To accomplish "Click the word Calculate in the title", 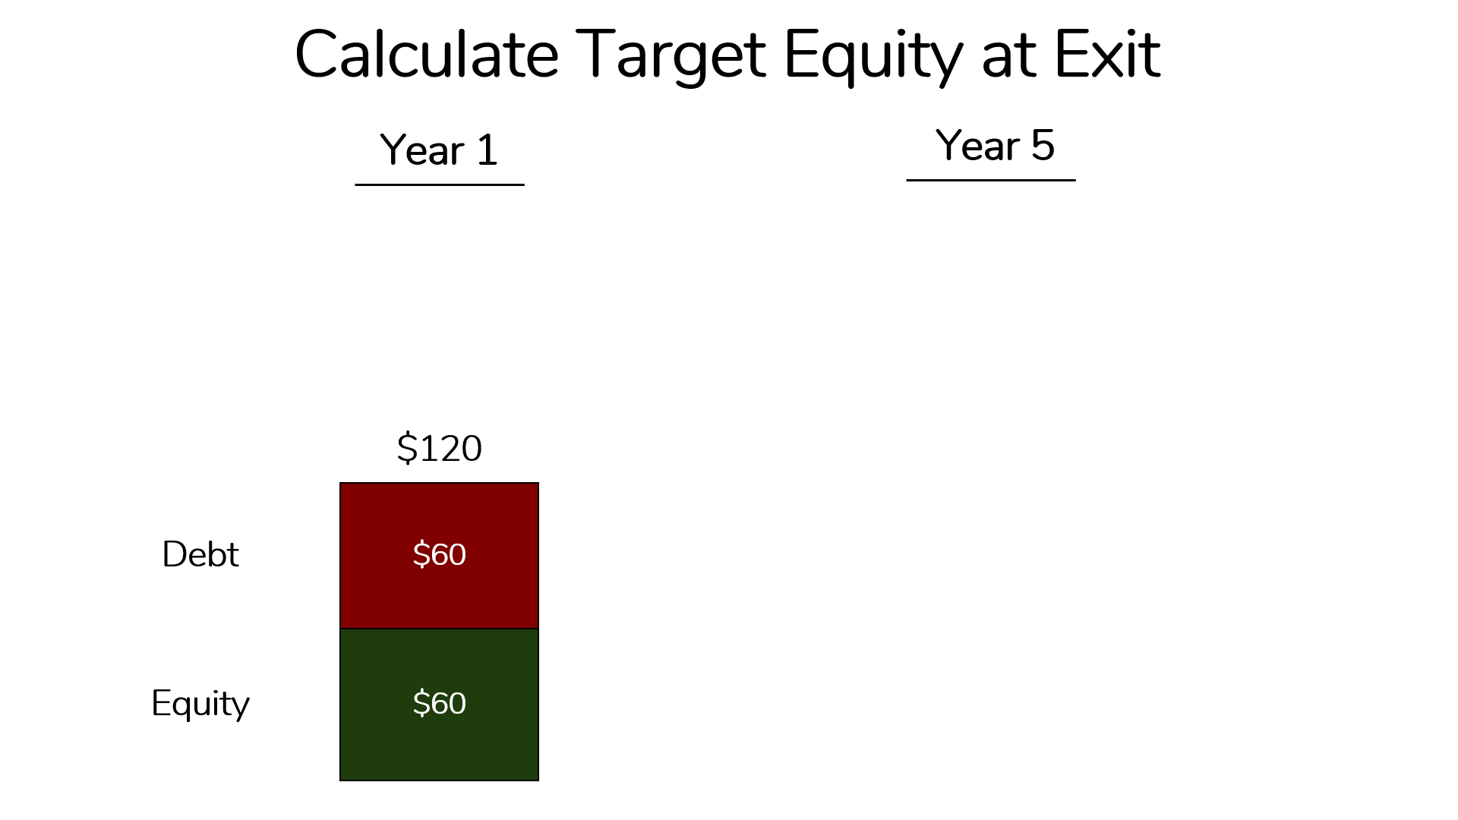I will pyautogui.click(x=427, y=55).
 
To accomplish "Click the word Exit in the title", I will pyautogui.click(x=1107, y=55).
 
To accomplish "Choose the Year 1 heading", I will pyautogui.click(x=439, y=150).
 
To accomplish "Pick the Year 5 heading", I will pyautogui.click(x=995, y=145).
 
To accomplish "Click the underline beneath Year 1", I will pyautogui.click(x=439, y=184).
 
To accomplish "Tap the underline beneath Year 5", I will pyautogui.click(x=990, y=180).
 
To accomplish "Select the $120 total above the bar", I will pyautogui.click(x=439, y=448).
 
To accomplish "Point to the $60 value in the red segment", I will pyautogui.click(x=439, y=554).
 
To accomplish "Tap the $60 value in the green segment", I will pyautogui.click(x=439, y=703).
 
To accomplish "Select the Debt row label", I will pyautogui.click(x=200, y=554).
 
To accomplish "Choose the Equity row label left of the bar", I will pyautogui.click(x=200, y=704).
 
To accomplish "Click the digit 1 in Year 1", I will pyautogui.click(x=487, y=150).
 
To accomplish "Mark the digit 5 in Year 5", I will pyautogui.click(x=1043, y=145).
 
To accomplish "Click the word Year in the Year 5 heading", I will pyautogui.click(x=977, y=146).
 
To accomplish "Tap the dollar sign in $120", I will pyautogui.click(x=407, y=448).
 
